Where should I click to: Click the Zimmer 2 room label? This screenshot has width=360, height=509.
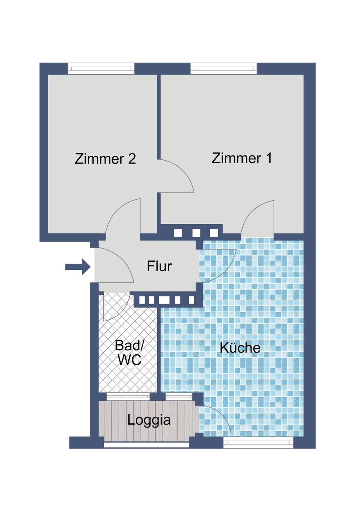(105, 159)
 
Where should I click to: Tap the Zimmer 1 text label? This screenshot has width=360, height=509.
(242, 158)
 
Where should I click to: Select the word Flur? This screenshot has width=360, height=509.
(159, 266)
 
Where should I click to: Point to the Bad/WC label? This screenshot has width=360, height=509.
(129, 353)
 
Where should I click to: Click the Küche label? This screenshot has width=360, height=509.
(240, 348)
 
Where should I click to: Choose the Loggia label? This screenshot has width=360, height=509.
(149, 420)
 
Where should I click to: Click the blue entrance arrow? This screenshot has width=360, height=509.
(77, 267)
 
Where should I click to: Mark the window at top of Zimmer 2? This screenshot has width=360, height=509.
(101, 68)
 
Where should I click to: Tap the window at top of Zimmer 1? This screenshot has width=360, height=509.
(224, 68)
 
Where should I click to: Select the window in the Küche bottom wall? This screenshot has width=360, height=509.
(258, 442)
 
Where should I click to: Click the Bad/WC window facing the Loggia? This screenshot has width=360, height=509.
(128, 396)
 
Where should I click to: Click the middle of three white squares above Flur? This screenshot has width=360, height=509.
(196, 233)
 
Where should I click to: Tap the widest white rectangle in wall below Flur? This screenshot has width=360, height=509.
(164, 300)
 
